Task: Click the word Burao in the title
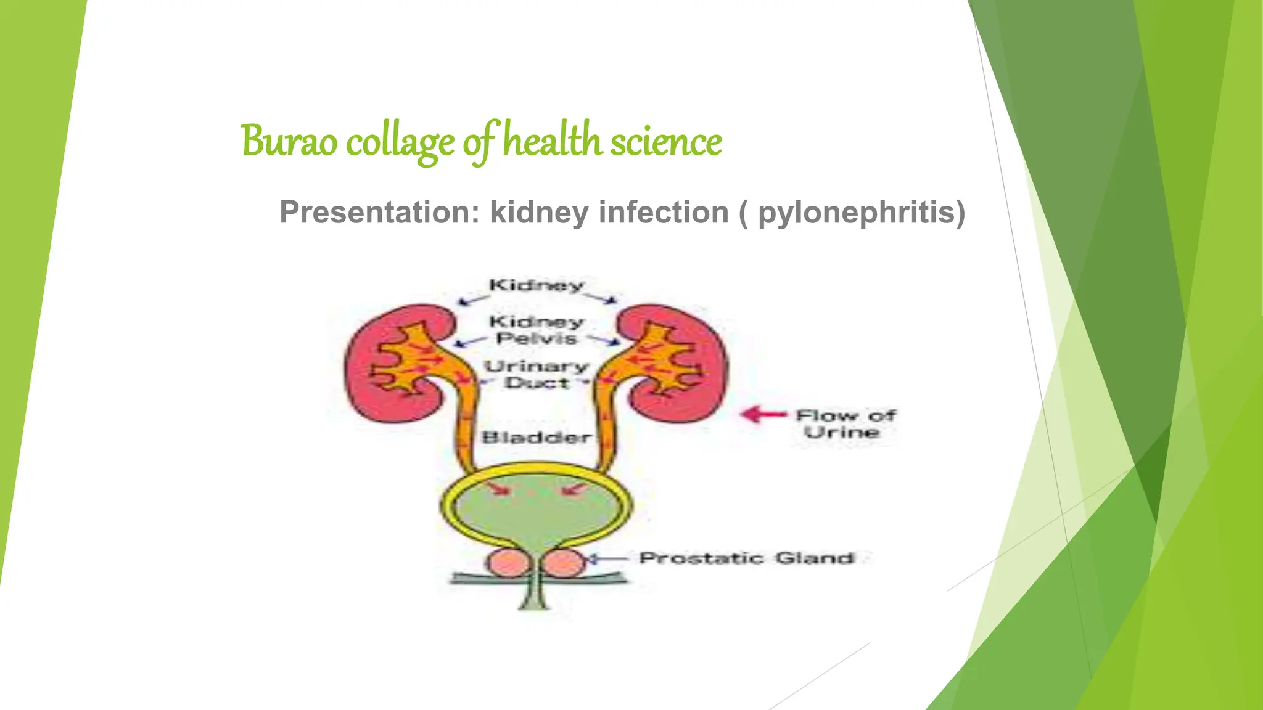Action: [289, 141]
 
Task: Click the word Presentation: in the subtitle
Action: [380, 212]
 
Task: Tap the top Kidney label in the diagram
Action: [536, 285]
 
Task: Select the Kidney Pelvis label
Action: [537, 330]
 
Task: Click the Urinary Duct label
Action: [537, 374]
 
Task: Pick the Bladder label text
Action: [537, 437]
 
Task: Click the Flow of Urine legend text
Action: [845, 423]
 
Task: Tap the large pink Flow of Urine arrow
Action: [763, 414]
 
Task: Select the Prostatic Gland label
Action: [746, 558]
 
